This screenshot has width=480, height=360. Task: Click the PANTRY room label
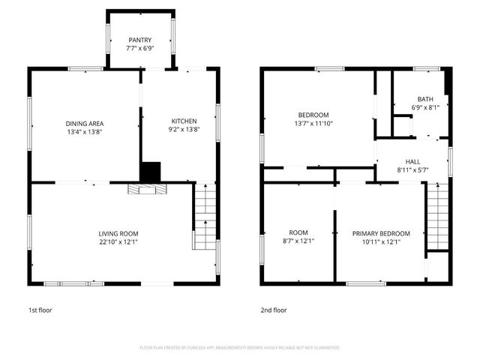tap(139, 40)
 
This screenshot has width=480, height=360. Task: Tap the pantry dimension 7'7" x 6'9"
tap(139, 49)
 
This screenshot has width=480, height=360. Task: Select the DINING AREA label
tap(84, 123)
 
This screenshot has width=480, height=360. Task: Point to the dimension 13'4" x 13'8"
tap(84, 131)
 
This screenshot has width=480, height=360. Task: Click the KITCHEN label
tap(184, 121)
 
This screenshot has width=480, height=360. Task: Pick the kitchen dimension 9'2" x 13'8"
tap(184, 129)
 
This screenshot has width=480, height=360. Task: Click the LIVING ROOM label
tap(118, 233)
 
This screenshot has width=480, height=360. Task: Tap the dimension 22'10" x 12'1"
tap(118, 241)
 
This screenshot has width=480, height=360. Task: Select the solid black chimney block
tap(151, 172)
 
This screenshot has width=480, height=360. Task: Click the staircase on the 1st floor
tap(205, 217)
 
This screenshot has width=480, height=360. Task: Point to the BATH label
tap(425, 99)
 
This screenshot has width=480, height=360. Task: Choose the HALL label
tap(413, 161)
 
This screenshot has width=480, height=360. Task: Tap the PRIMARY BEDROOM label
tap(381, 233)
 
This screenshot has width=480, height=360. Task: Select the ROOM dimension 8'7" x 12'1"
tap(298, 241)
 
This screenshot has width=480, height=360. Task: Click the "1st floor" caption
tap(40, 310)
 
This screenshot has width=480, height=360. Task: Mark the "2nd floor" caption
tap(274, 310)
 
